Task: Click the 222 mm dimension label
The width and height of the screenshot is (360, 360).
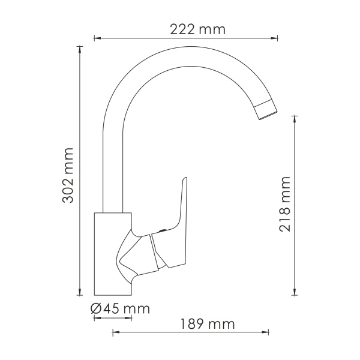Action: tap(188, 29)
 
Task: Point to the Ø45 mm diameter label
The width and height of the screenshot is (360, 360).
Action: tap(120, 309)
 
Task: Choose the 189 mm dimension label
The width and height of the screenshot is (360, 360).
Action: tap(207, 324)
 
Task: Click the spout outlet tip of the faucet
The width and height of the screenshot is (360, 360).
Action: tap(267, 112)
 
